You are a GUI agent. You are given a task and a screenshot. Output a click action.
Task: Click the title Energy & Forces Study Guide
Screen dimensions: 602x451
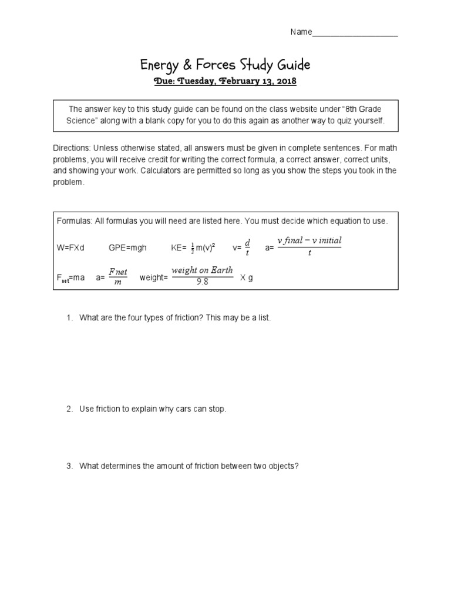point(225,64)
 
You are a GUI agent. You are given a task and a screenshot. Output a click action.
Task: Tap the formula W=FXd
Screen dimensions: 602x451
point(70,248)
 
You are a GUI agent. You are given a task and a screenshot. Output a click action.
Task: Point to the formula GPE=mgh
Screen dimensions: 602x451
point(127,248)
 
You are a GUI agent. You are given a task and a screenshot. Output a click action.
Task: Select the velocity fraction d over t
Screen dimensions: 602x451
point(247,248)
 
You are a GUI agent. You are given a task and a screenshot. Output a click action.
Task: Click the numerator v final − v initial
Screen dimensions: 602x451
point(309,240)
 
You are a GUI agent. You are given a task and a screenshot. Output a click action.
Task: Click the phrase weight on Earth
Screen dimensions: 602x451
point(202,270)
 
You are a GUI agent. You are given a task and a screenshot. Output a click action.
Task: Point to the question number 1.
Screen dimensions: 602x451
point(69,317)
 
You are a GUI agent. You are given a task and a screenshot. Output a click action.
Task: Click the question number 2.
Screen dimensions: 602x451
point(69,409)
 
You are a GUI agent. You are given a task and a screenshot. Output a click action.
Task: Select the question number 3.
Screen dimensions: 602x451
point(69,466)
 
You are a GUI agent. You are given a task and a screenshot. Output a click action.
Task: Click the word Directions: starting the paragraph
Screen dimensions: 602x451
point(72,148)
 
